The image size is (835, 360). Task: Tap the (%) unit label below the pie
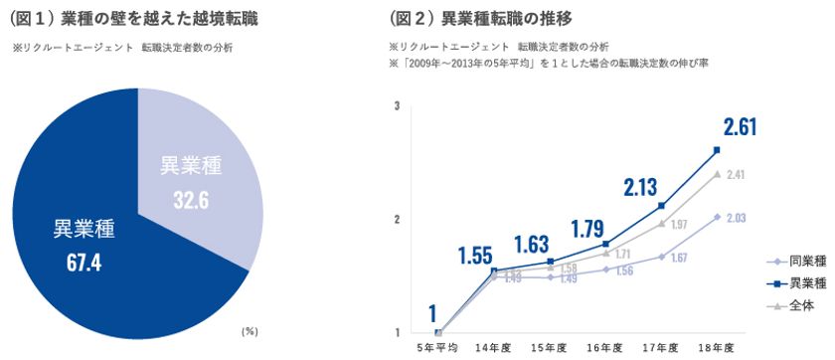click(x=250, y=330)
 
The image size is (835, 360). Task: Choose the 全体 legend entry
click(x=795, y=307)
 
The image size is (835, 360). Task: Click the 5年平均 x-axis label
click(x=438, y=347)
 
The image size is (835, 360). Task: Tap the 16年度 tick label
click(x=604, y=347)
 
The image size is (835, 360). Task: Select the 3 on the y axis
click(x=397, y=105)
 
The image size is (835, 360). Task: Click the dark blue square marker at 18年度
click(x=717, y=150)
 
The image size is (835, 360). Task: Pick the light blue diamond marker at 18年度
click(x=717, y=216)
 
